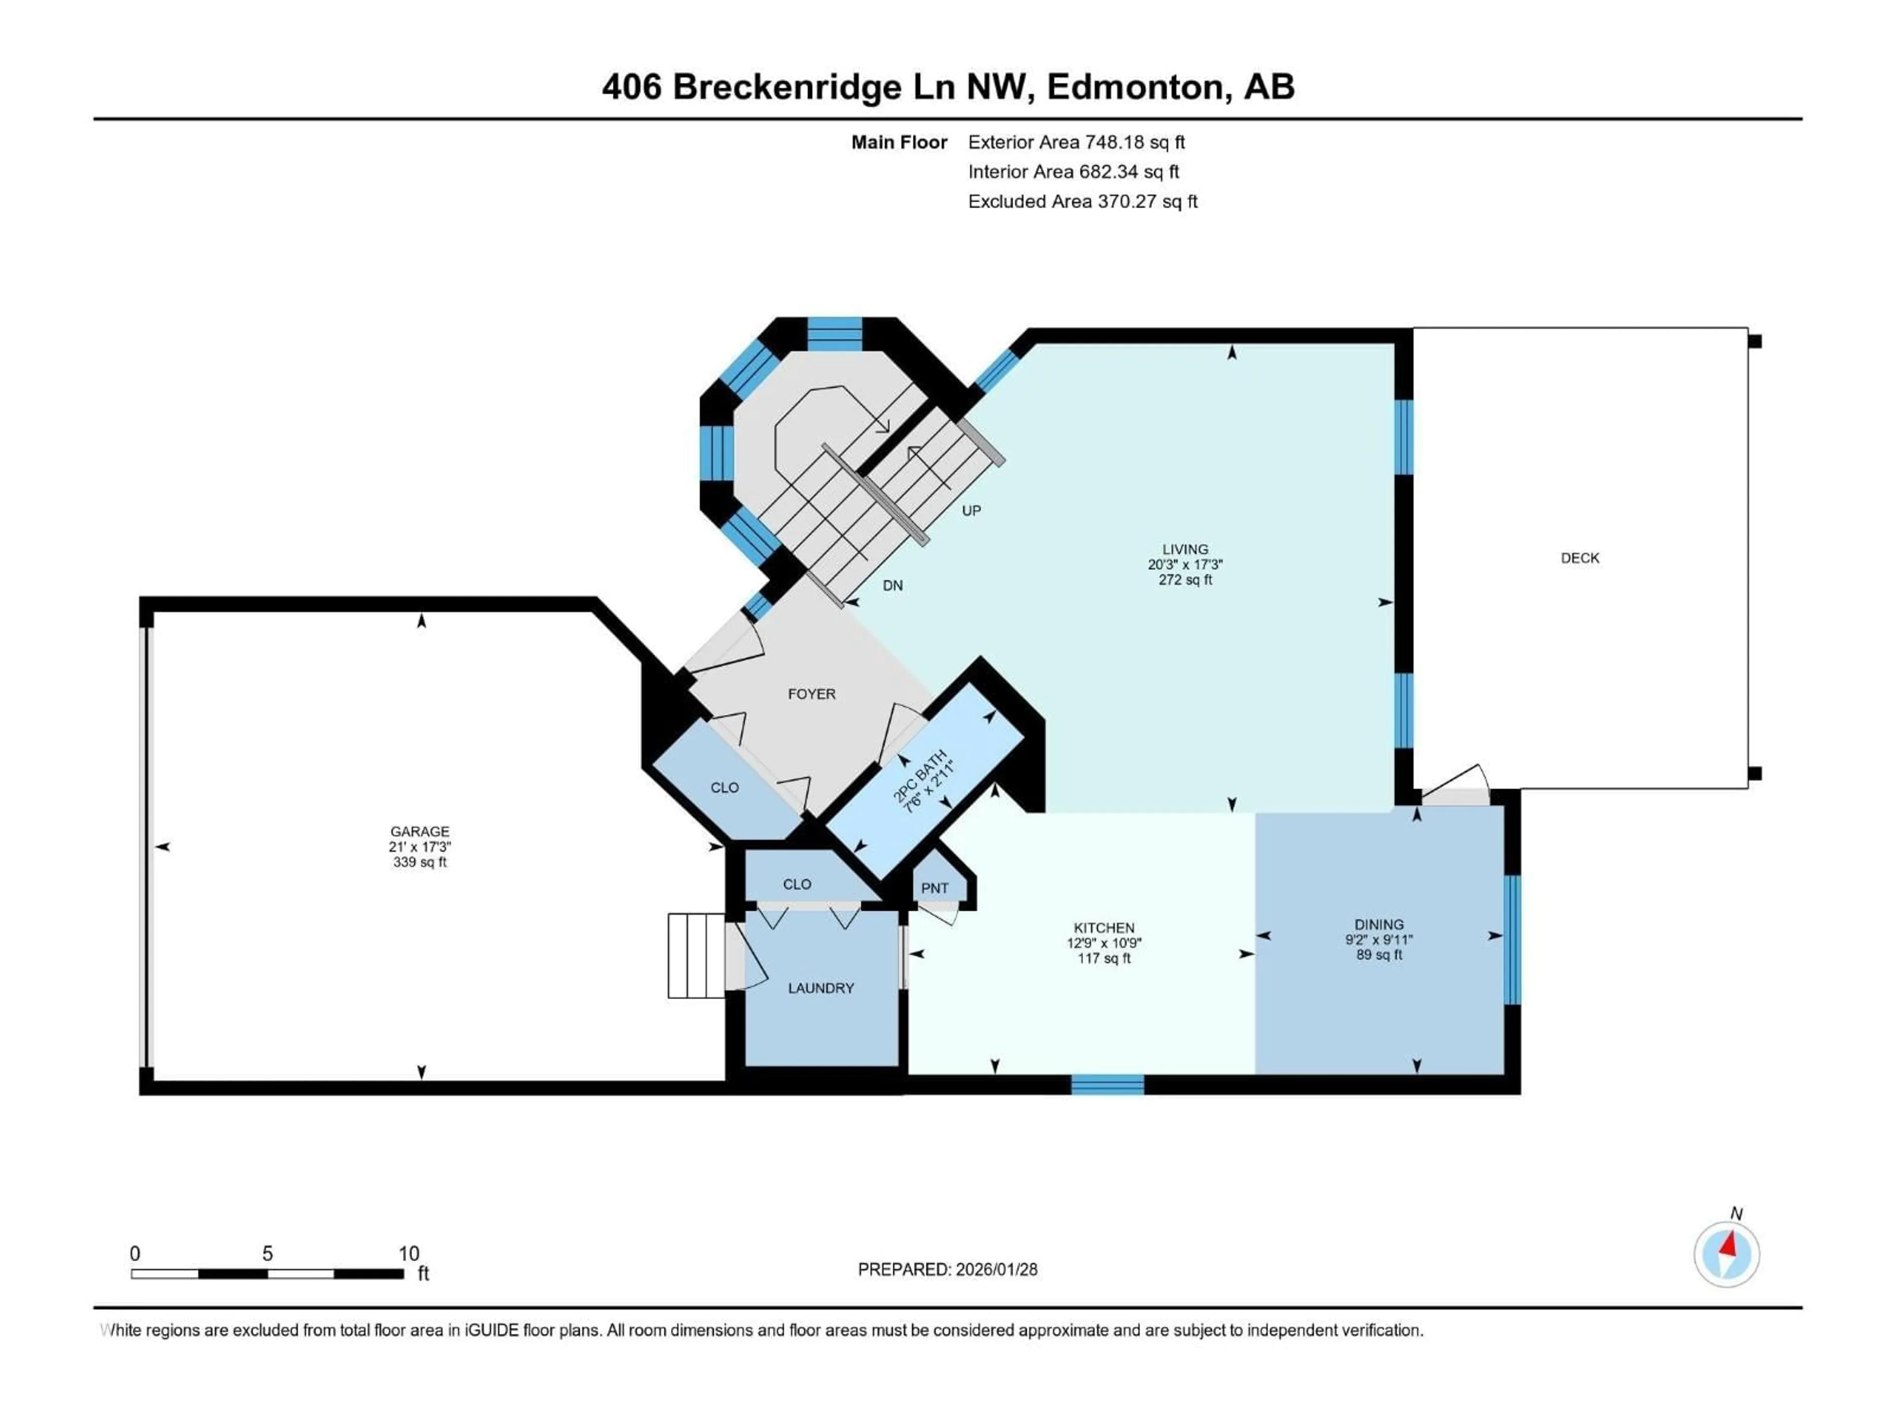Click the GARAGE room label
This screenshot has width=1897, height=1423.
(x=419, y=831)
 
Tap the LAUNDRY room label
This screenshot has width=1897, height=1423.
(x=821, y=988)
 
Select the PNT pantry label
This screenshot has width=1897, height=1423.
(x=935, y=888)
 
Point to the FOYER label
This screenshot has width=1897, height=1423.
(x=811, y=694)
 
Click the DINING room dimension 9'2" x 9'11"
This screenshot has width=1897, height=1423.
(x=1379, y=939)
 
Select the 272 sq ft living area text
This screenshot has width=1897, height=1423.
(x=1185, y=580)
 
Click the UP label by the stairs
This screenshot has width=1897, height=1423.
(x=971, y=510)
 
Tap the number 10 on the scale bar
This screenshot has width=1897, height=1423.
(x=409, y=1253)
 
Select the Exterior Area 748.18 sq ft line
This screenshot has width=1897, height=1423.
(x=1076, y=142)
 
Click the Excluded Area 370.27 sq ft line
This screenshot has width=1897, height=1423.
(x=1082, y=202)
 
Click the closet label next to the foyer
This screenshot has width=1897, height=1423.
(x=725, y=788)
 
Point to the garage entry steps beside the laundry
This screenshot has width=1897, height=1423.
(x=697, y=956)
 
